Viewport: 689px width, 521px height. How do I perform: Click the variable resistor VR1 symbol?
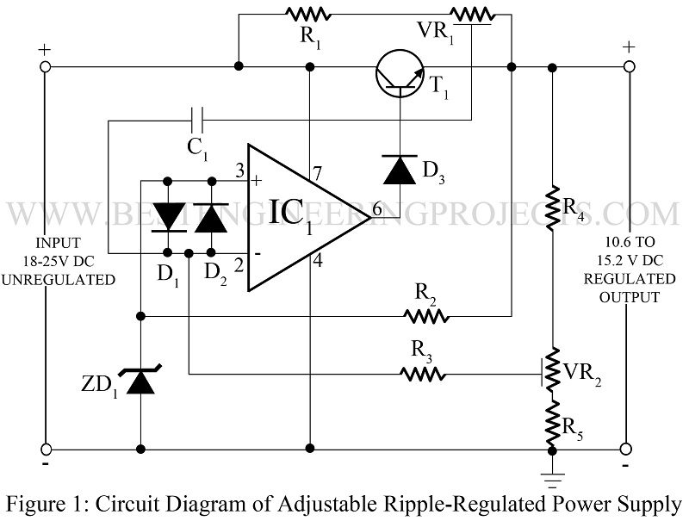[472, 14]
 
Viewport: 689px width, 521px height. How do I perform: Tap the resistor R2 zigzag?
[427, 316]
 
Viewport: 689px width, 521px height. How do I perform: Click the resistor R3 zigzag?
[423, 374]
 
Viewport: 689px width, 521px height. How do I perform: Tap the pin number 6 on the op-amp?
[376, 208]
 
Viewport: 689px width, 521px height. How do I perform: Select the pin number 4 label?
[316, 259]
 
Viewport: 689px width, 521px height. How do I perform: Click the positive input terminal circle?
[46, 66]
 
